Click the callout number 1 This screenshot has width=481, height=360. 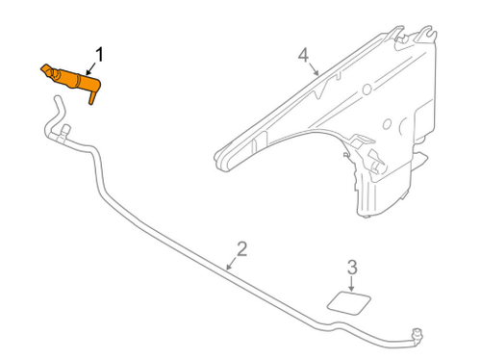(97, 52)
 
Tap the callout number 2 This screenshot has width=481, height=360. (241, 249)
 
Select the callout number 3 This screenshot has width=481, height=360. (352, 267)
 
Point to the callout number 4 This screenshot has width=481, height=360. (304, 55)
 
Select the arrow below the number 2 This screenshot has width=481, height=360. (231, 262)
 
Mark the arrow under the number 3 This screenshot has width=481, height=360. (351, 283)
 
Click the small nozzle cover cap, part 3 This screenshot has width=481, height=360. (345, 301)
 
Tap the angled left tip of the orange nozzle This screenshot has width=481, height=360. (44, 68)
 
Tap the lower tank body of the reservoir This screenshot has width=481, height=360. (385, 188)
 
